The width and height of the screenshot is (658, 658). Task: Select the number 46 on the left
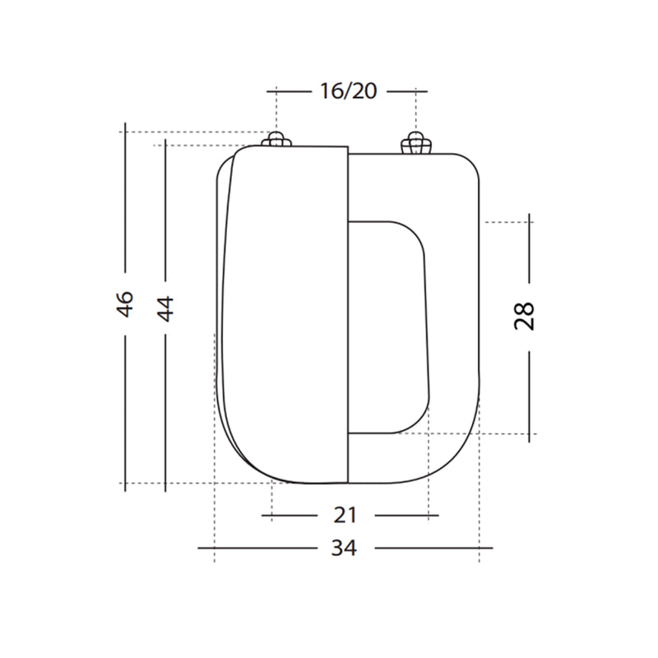125,304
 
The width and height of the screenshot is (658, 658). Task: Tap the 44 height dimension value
165,308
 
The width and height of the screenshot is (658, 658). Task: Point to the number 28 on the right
525,315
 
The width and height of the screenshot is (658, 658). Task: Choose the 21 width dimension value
346,516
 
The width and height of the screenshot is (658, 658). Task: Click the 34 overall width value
345,548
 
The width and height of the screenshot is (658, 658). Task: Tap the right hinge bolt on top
415,144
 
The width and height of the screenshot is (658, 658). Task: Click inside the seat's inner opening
387,325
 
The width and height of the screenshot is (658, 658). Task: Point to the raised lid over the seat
284,313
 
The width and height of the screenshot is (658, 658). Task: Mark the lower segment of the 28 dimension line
530,395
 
